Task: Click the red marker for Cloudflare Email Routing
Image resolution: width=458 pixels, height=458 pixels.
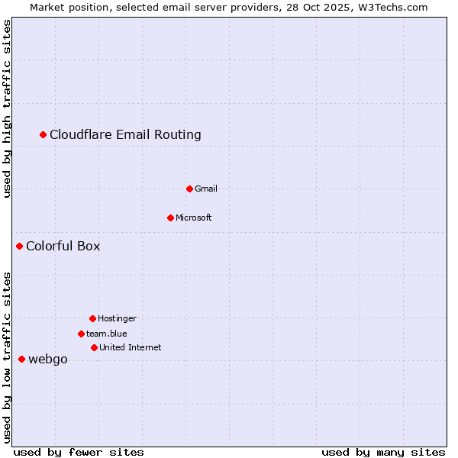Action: click(44, 135)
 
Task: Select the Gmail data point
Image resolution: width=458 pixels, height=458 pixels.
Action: click(189, 189)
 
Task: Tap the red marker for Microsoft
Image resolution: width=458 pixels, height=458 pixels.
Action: click(170, 218)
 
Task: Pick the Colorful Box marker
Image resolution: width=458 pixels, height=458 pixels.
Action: click(20, 246)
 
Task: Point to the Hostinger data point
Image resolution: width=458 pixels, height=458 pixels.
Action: click(92, 318)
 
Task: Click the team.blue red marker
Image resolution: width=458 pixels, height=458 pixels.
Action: click(81, 334)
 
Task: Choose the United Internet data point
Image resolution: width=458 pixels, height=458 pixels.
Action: click(94, 347)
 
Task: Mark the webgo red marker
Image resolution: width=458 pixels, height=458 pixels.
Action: click(22, 359)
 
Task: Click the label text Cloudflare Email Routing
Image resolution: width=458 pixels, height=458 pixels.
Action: click(125, 135)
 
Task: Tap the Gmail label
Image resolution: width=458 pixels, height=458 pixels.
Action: click(206, 189)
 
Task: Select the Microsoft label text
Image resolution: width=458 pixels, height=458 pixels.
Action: click(194, 218)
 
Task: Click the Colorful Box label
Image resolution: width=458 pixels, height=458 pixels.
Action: click(63, 246)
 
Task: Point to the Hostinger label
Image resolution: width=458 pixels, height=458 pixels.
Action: click(117, 318)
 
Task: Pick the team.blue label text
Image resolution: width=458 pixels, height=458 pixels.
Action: click(107, 334)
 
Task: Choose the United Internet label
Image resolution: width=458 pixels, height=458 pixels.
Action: click(130, 347)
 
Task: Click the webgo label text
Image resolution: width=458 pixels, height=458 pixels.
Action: click(48, 360)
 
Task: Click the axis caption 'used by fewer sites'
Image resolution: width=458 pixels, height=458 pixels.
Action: click(79, 452)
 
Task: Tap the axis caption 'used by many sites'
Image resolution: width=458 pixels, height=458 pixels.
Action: click(383, 452)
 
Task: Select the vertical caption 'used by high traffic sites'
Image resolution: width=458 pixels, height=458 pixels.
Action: click(8, 108)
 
